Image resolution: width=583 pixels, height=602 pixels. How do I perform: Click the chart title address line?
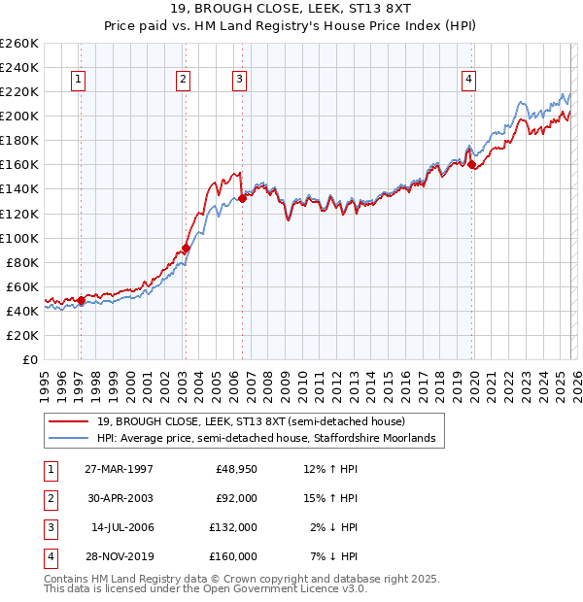291,8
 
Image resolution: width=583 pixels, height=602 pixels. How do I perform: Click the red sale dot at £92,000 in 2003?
185,248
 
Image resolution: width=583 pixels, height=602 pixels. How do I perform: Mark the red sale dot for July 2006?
241,199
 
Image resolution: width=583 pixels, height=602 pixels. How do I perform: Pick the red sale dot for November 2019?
471,165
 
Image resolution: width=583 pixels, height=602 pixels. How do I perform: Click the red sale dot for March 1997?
81,300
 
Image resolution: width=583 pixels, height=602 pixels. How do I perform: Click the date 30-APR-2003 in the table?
119,498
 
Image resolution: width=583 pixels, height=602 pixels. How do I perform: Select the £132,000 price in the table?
236,527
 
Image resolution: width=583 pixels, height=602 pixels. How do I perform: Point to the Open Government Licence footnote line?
206,588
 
